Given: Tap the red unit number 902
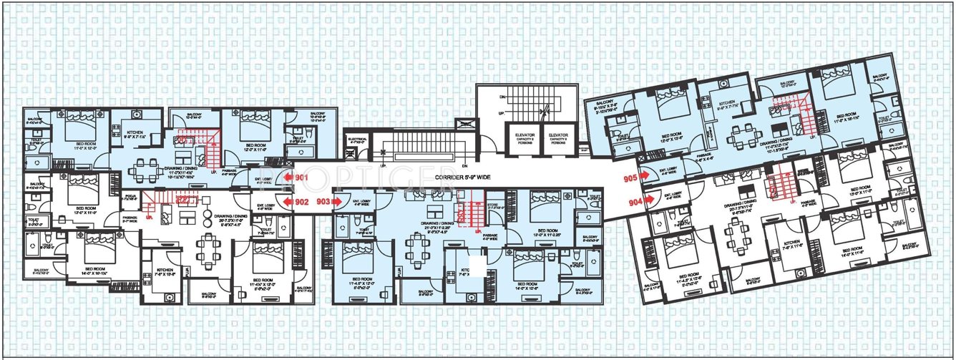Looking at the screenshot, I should pyautogui.click(x=302, y=202).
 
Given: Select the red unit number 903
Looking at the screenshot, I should pyautogui.click(x=323, y=202).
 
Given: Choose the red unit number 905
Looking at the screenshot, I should pyautogui.click(x=630, y=177).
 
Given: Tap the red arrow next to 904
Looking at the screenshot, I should pyautogui.click(x=648, y=201).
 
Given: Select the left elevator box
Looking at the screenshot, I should pyautogui.click(x=521, y=139).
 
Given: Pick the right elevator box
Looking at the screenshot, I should pyautogui.click(x=557, y=139).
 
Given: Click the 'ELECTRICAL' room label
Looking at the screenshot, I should pyautogui.click(x=357, y=141).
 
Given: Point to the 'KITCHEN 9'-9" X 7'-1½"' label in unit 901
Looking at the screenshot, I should pyautogui.click(x=137, y=136).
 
